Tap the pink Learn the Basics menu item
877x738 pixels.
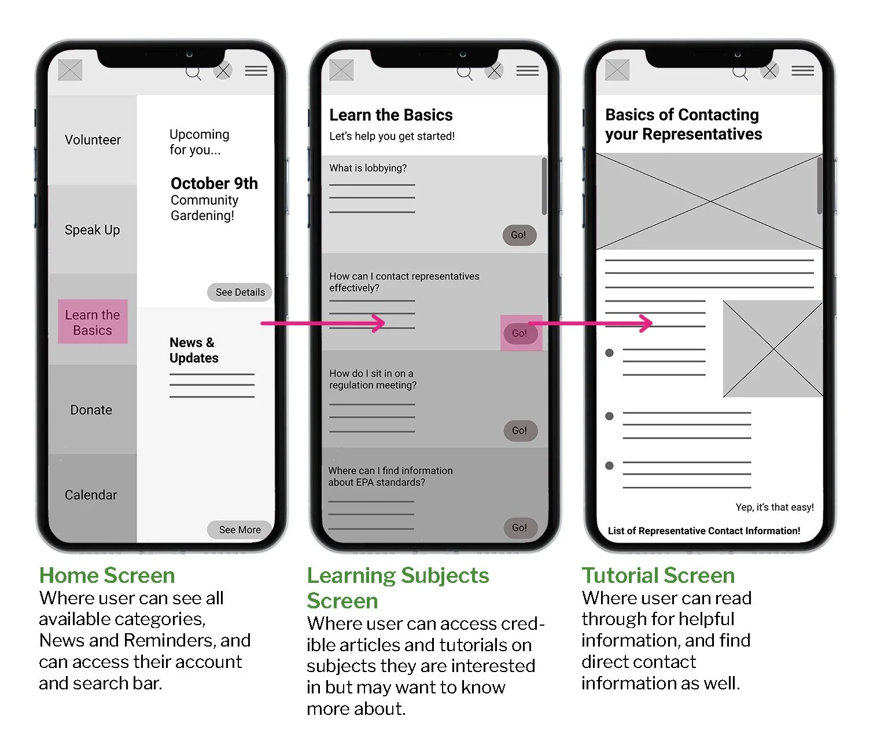tap(93, 322)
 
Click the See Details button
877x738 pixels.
tap(240, 292)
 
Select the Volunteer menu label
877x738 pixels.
tap(93, 139)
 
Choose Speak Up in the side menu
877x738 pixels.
tap(93, 230)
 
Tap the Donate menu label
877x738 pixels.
tap(91, 410)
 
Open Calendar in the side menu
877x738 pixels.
tap(91, 495)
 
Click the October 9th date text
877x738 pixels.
tap(214, 183)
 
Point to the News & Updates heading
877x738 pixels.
tap(194, 350)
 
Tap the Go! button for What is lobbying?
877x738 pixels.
tap(519, 235)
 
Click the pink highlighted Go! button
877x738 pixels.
tap(521, 333)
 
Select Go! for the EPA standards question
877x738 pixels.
tap(521, 528)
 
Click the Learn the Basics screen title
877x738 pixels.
tap(391, 115)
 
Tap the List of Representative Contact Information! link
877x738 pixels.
tap(704, 531)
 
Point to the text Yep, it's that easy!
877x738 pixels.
tap(775, 507)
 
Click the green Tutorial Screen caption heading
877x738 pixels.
tap(658, 575)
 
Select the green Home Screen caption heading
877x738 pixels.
tap(107, 575)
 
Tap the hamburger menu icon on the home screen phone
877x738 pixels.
tap(256, 71)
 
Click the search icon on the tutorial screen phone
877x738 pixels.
tap(740, 73)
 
